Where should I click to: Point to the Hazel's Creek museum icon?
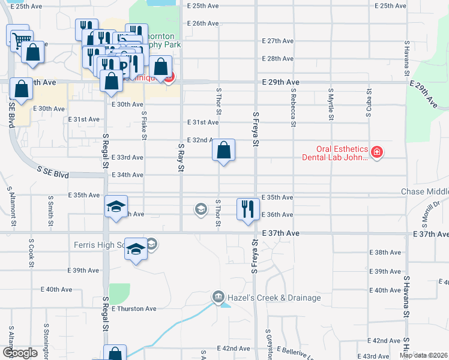click(x=217, y=297)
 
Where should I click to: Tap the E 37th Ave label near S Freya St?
click(x=280, y=232)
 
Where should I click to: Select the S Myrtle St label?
click(x=331, y=103)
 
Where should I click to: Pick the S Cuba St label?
click(x=369, y=101)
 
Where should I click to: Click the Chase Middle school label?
click(x=424, y=191)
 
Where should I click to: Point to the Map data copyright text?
click(x=424, y=355)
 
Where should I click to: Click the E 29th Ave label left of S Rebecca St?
click(x=281, y=82)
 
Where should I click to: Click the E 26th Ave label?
click(x=202, y=23)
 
